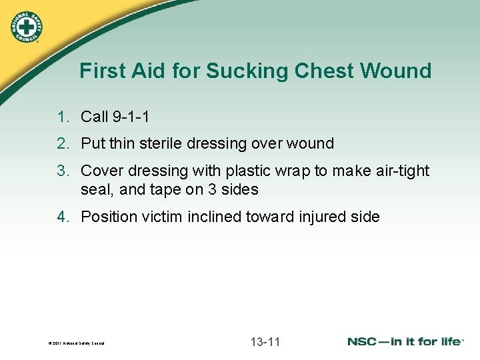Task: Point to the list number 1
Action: point(63,117)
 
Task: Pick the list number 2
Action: point(63,143)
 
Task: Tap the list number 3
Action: point(63,171)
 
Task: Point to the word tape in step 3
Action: point(166,190)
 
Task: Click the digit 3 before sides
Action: point(211,190)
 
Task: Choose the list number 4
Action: point(63,217)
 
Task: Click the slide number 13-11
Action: point(265,342)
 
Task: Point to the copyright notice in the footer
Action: point(76,344)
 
